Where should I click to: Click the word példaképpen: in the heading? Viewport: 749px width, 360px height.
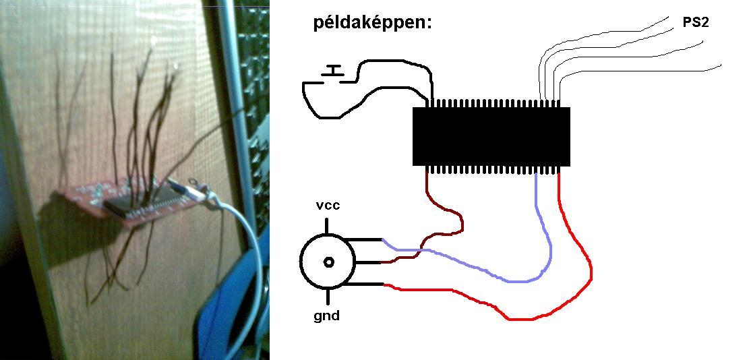[x=371, y=24]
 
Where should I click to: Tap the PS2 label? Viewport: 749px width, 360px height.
[x=695, y=22]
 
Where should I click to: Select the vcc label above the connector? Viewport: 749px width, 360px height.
[x=328, y=206]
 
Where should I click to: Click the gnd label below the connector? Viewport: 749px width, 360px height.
[x=327, y=315]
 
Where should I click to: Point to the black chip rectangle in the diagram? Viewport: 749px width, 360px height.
[x=491, y=136]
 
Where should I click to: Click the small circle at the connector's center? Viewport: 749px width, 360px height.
[x=328, y=262]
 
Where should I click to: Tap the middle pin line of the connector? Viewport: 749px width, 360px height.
[x=367, y=262]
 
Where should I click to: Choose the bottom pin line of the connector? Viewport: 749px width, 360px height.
[x=367, y=284]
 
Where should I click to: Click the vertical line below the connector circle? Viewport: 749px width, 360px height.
[x=328, y=297]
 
